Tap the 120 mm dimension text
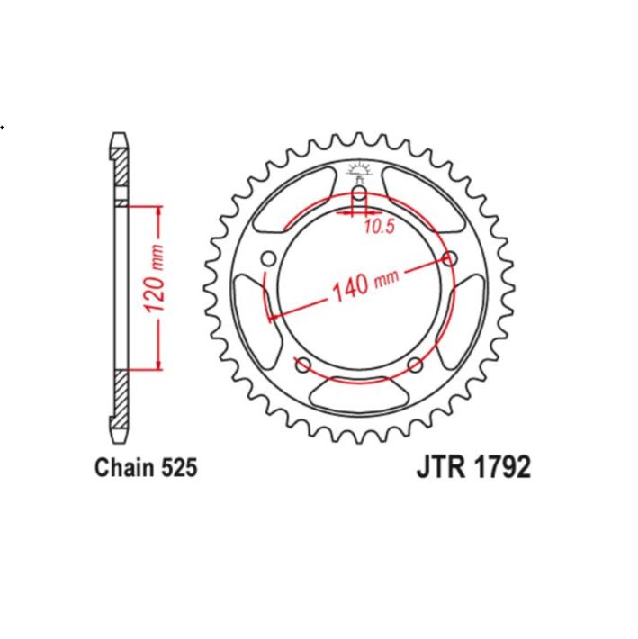[155, 286]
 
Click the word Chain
[126, 468]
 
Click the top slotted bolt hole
[359, 197]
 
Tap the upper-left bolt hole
[268, 260]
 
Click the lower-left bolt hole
[303, 364]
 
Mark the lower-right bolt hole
[414, 364]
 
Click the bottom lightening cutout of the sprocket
[359, 394]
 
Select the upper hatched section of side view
[121, 171]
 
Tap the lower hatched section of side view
[121, 400]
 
